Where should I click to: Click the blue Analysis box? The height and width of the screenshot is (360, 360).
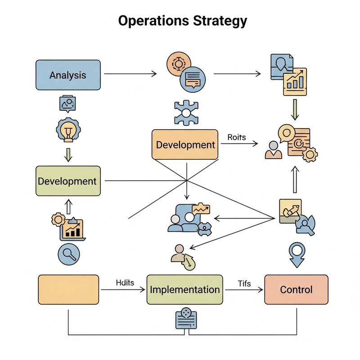point(67,75)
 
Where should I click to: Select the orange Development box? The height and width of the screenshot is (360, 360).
point(185,144)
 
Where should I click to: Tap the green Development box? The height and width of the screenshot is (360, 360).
point(68,181)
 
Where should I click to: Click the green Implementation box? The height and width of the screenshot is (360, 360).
point(184,289)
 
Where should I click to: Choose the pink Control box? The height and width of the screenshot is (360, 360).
point(296,289)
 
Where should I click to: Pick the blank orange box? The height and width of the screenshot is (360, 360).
point(68,289)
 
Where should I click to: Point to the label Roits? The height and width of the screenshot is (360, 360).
point(237,137)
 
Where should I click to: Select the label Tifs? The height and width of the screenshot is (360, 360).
point(244,283)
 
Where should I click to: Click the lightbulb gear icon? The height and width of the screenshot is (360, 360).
point(68,130)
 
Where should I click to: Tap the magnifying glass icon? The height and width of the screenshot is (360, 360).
point(69,255)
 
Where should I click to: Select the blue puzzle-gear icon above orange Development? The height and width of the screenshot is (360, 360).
point(185,113)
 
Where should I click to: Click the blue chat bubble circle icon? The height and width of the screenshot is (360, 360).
point(192,79)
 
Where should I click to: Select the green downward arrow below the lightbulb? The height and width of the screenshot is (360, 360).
point(68,154)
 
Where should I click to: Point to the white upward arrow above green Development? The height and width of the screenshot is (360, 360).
point(68,207)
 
